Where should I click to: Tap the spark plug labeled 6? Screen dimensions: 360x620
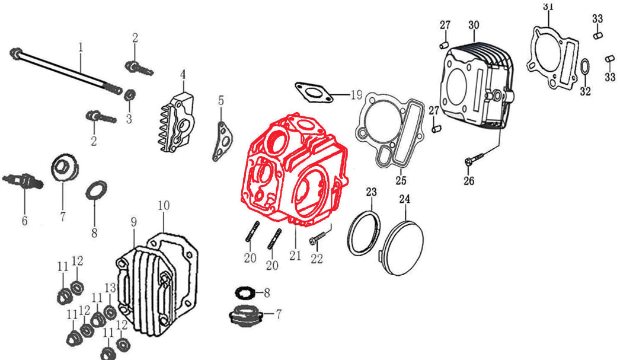[24, 181]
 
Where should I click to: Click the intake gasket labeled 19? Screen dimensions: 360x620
[312, 92]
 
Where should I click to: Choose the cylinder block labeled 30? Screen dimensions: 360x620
[474, 86]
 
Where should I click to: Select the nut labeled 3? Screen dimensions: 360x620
[130, 95]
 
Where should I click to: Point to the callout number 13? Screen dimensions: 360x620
[110, 288]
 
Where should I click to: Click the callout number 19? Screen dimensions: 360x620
[356, 94]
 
